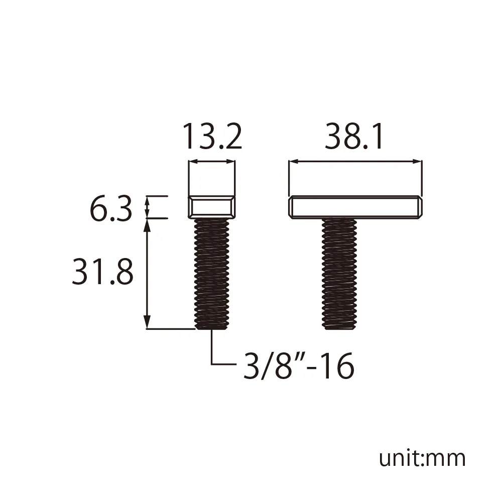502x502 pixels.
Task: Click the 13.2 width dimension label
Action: point(212,137)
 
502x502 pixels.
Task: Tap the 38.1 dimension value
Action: point(353,137)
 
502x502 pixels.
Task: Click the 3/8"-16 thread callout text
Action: point(299,365)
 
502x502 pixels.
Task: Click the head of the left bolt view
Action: point(212,207)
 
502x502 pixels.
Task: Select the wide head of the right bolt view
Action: point(355,207)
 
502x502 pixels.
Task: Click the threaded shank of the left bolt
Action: point(212,274)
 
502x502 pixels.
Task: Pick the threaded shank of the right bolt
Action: point(339,274)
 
